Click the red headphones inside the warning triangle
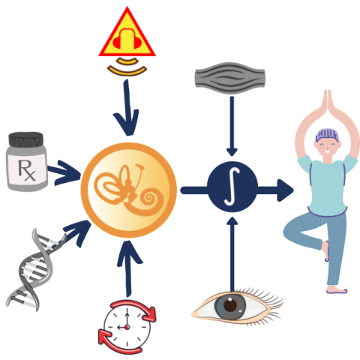[127, 39]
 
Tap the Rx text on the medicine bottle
[27, 170]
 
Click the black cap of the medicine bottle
[26, 139]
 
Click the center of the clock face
[127, 327]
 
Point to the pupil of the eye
[230, 305]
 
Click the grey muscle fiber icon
[229, 78]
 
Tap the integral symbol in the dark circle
[232, 187]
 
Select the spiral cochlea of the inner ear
[149, 199]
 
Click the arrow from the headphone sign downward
[127, 107]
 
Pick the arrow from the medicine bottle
[64, 172]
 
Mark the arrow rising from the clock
[129, 268]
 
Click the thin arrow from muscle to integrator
[232, 126]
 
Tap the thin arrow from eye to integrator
[232, 254]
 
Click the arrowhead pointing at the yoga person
[285, 190]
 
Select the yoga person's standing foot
[337, 290]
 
